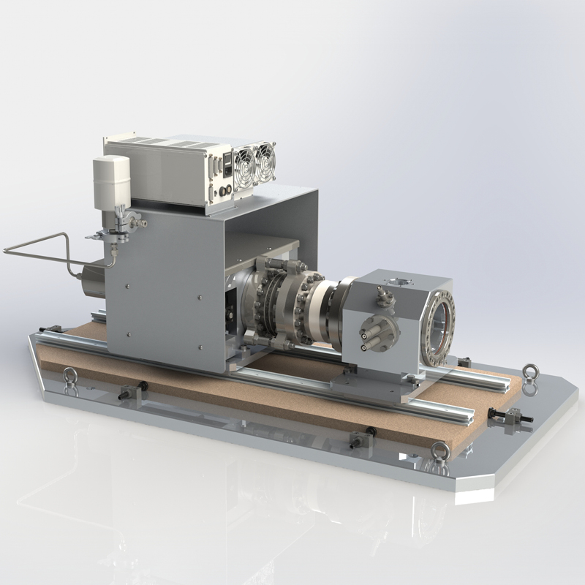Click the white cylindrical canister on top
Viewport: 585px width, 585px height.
(110, 179)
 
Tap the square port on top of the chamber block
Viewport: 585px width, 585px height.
(401, 279)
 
